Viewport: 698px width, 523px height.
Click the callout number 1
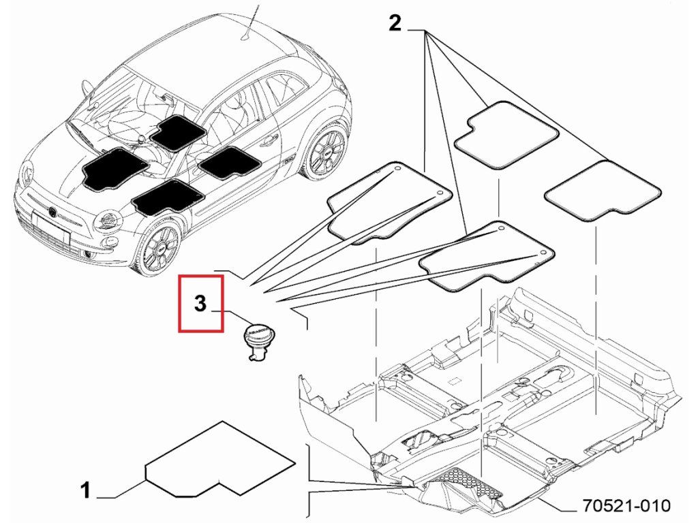(x=85, y=490)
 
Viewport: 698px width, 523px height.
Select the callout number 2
(x=395, y=25)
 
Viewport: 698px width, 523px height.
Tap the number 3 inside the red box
(x=200, y=304)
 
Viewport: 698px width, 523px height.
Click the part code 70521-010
(x=626, y=506)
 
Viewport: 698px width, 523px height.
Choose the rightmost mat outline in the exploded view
(x=603, y=192)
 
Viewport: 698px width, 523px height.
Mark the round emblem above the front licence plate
(x=52, y=212)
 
